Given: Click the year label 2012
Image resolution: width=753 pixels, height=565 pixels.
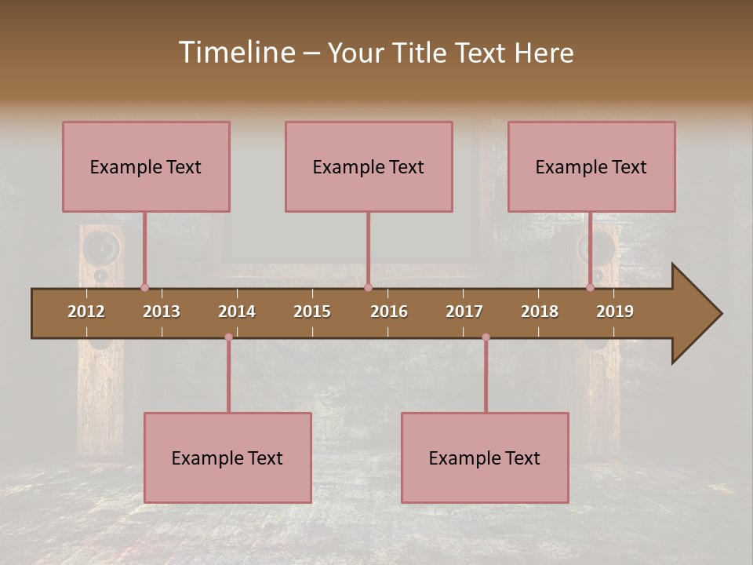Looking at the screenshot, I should (x=86, y=312).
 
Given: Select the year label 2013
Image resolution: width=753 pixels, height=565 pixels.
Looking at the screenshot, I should (x=162, y=312).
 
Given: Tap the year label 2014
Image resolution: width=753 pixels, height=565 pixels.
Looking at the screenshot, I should (x=237, y=312).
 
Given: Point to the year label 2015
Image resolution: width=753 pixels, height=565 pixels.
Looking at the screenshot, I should (x=312, y=312).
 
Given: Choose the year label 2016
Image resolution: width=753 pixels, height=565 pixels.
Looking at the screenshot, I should (x=389, y=312).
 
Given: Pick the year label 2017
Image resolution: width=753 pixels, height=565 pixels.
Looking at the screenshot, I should (x=464, y=312).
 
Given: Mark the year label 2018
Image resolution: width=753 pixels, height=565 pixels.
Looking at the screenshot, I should (x=540, y=312).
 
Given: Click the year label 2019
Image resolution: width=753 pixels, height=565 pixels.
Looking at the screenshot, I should (x=615, y=312).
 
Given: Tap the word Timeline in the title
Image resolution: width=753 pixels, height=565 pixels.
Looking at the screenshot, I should (x=235, y=53).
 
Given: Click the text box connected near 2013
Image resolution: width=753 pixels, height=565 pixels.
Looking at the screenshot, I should (x=146, y=166).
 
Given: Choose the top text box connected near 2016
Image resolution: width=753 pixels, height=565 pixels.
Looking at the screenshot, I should (x=369, y=166).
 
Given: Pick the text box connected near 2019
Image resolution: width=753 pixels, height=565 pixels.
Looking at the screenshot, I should (x=591, y=166).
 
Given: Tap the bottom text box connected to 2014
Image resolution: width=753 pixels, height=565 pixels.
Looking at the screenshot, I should (x=227, y=457).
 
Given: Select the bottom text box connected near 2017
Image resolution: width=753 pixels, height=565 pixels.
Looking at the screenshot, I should (x=485, y=457).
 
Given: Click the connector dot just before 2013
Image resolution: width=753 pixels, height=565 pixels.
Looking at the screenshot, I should (x=144, y=288).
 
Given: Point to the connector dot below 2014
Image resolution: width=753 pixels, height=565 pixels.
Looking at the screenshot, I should (x=228, y=337).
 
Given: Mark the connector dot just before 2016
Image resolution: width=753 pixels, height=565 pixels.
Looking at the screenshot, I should (x=368, y=288).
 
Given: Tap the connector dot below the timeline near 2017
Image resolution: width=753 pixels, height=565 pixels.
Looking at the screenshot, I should (x=486, y=337).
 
